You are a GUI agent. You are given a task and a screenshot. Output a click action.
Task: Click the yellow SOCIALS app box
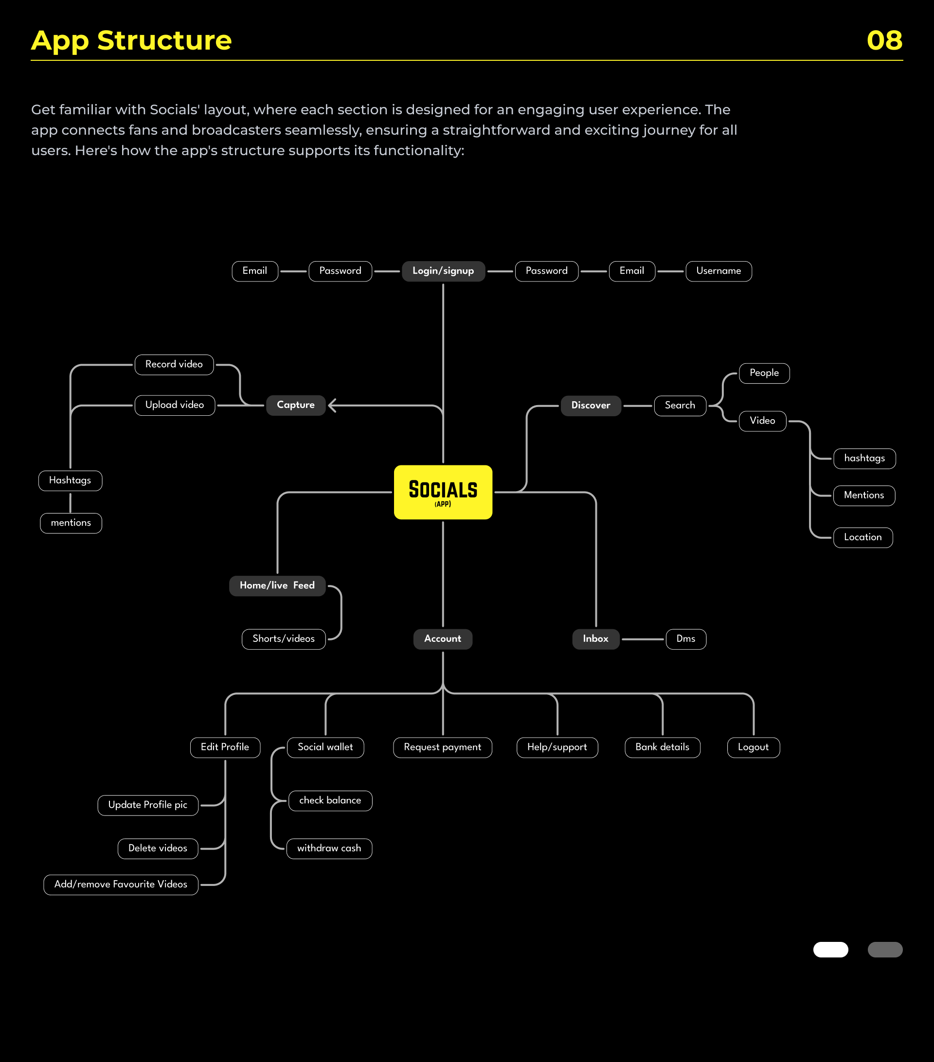point(443,492)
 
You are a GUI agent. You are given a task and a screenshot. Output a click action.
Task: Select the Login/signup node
point(443,271)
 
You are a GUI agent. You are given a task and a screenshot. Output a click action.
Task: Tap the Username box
point(719,271)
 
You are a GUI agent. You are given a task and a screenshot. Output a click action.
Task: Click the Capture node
point(296,405)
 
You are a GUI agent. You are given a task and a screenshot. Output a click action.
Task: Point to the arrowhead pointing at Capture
point(333,405)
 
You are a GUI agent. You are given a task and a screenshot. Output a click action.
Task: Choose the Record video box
point(174,365)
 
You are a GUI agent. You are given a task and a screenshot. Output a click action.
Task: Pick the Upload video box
point(175,405)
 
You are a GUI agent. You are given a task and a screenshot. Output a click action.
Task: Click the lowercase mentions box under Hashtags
point(71,523)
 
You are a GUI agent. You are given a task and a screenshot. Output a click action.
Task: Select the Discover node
point(591,406)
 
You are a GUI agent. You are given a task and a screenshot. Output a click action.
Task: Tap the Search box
point(680,406)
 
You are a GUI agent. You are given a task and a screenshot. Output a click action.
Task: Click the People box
point(764,373)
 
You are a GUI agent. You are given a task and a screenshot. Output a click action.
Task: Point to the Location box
point(863,538)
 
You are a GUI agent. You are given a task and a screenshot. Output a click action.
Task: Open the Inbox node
point(595,639)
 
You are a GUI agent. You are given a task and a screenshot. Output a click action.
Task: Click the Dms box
point(686,639)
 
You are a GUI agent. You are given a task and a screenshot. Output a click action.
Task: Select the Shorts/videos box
point(284,639)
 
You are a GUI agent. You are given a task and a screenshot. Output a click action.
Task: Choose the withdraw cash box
point(329,849)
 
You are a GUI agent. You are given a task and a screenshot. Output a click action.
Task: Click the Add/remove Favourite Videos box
point(121,885)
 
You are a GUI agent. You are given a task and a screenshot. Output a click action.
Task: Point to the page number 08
point(884,40)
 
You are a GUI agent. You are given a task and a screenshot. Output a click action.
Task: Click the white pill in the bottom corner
point(830,949)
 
